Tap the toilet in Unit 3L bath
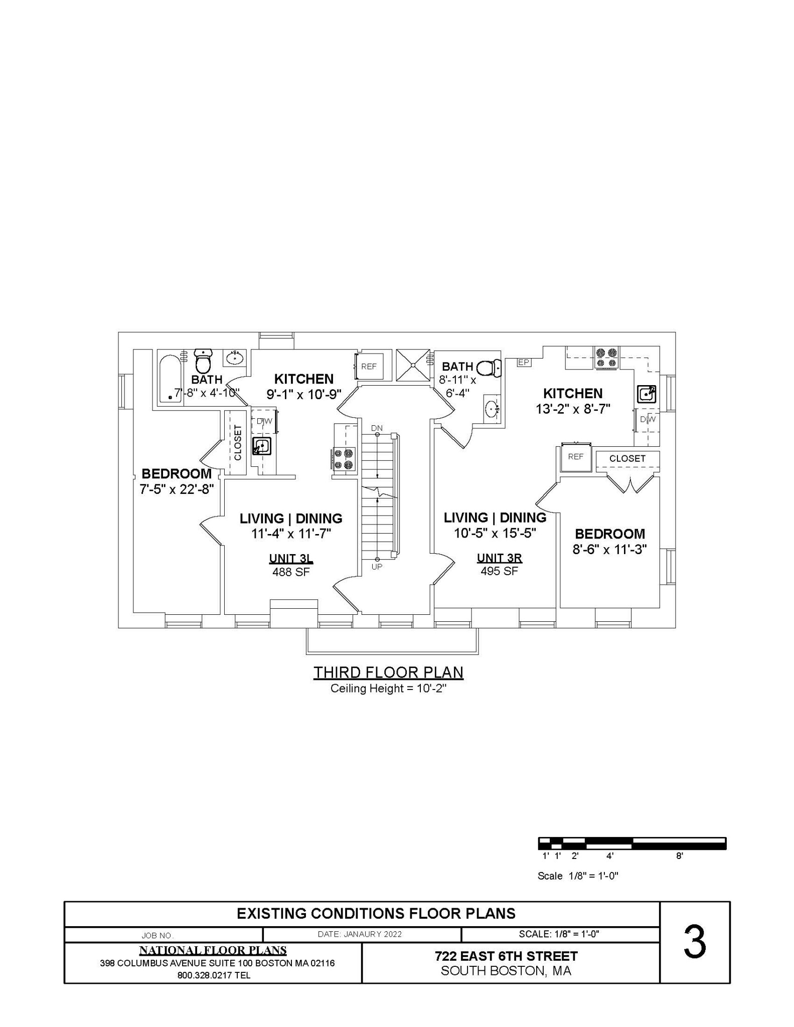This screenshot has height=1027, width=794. tap(203, 361)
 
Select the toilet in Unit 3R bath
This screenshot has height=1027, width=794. tap(489, 368)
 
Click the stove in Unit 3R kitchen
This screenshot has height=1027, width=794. tap(606, 358)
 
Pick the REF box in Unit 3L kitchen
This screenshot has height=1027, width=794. tap(369, 367)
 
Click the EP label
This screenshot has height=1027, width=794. tap(524, 362)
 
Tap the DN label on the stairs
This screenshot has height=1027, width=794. tap(377, 428)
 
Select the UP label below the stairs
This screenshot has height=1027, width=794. tap(377, 567)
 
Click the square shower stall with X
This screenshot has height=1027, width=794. tap(413, 365)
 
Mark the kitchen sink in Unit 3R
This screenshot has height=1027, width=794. tap(646, 394)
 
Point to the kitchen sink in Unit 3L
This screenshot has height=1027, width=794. tap(261, 446)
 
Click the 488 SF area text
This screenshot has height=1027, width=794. tap(291, 572)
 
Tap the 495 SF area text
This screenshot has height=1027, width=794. tap(499, 571)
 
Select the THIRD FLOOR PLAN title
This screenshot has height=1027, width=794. tap(388, 672)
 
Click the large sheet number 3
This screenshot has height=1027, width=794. tap(695, 943)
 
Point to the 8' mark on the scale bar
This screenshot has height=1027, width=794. tap(679, 856)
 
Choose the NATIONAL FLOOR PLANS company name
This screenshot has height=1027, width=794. tap(213, 950)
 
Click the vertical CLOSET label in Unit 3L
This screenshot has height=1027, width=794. tap(238, 442)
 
